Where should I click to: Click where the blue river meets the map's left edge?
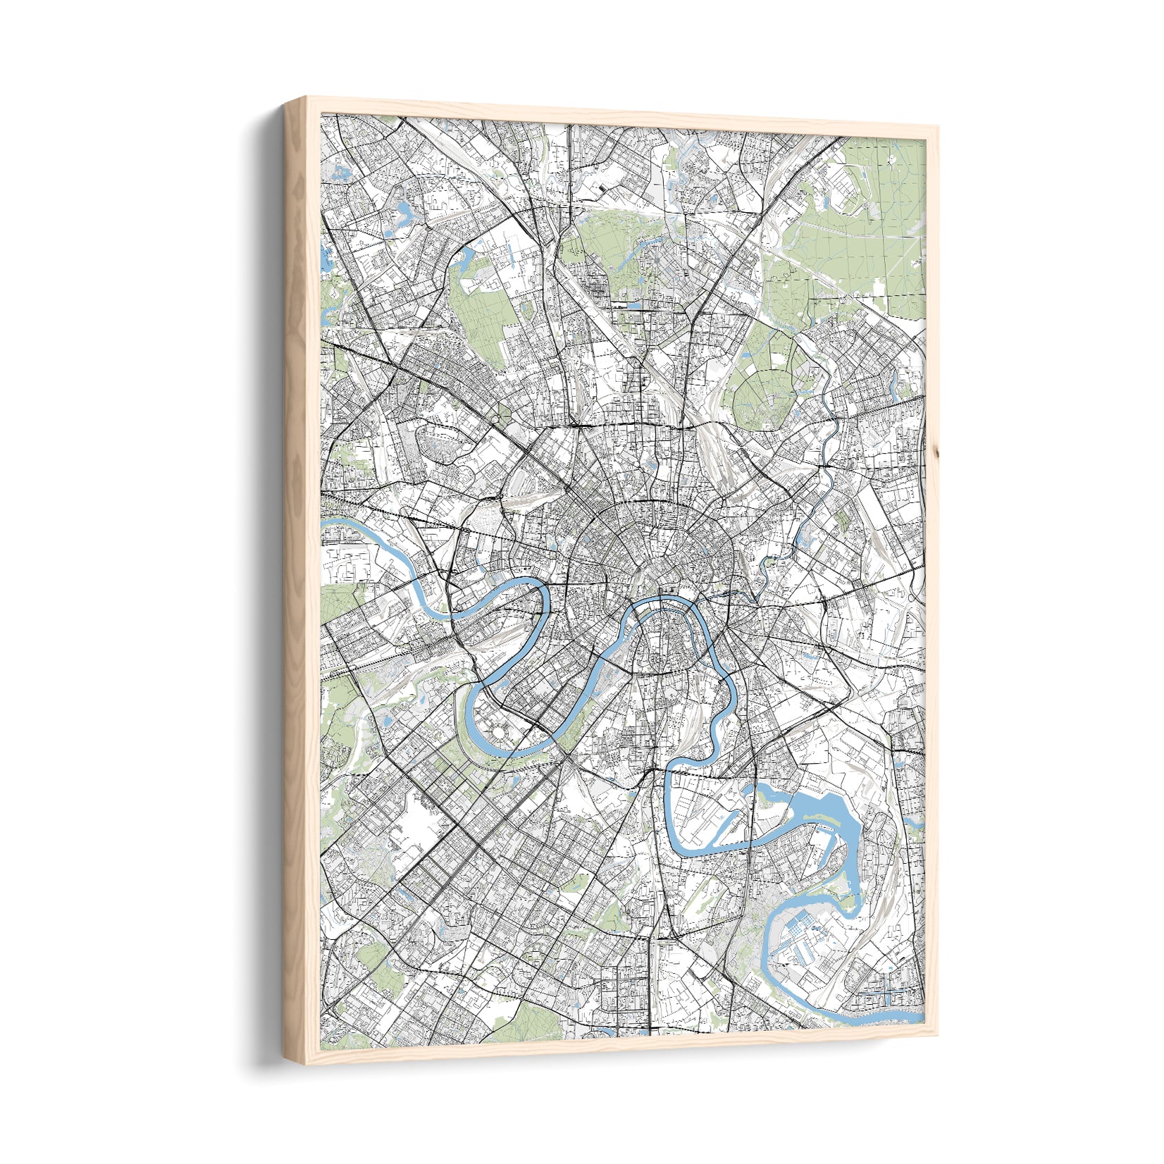(x=326, y=524)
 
